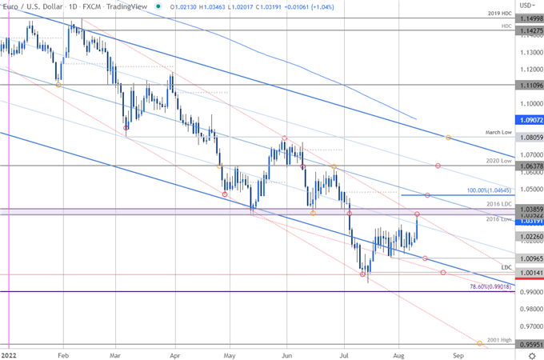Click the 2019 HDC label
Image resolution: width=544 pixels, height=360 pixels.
pos(496,15)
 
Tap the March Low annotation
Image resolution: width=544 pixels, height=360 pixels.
pos(498,133)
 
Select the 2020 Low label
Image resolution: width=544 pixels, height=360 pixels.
pos(498,161)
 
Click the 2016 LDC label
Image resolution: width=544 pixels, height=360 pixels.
pos(498,205)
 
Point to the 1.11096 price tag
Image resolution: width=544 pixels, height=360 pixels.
pos(527,84)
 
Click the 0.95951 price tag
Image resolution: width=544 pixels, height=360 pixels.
pos(527,346)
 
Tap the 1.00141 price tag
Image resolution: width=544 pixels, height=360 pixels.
pos(527,273)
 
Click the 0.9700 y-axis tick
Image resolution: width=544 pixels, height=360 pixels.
pos(526,327)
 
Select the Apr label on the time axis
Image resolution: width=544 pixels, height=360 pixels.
pos(174,353)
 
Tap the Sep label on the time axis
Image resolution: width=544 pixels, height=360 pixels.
pos(458,353)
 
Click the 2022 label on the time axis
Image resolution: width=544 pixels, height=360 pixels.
pos(10,353)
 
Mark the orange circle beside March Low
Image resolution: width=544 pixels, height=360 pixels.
pos(448,138)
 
